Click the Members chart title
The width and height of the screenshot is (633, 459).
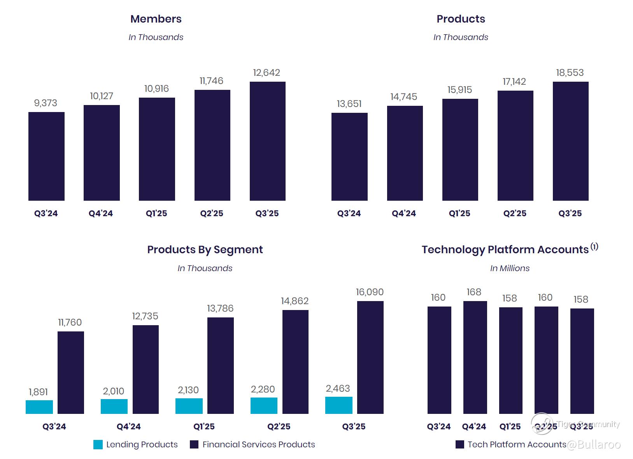(156, 19)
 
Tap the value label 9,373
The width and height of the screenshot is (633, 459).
(46, 103)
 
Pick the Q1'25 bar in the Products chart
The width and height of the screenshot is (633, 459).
(460, 150)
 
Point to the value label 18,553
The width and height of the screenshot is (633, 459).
(570, 73)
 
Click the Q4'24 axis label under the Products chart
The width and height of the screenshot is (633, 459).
(404, 214)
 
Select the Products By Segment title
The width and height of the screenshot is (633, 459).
(205, 250)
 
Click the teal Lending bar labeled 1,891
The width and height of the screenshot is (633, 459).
(39, 407)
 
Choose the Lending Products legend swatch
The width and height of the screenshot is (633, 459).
(98, 445)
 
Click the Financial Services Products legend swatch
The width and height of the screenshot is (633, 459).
(194, 445)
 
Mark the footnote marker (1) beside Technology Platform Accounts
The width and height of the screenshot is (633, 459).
(594, 247)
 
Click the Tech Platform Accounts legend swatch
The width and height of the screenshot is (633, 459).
(460, 445)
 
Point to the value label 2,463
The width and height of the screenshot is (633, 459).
(338, 389)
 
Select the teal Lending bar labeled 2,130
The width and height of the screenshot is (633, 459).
(189, 406)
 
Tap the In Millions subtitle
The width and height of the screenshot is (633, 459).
(510, 268)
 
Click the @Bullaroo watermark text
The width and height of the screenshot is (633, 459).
(594, 445)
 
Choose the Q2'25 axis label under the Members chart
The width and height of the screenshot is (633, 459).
(212, 214)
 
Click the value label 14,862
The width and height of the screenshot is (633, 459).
(295, 301)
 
